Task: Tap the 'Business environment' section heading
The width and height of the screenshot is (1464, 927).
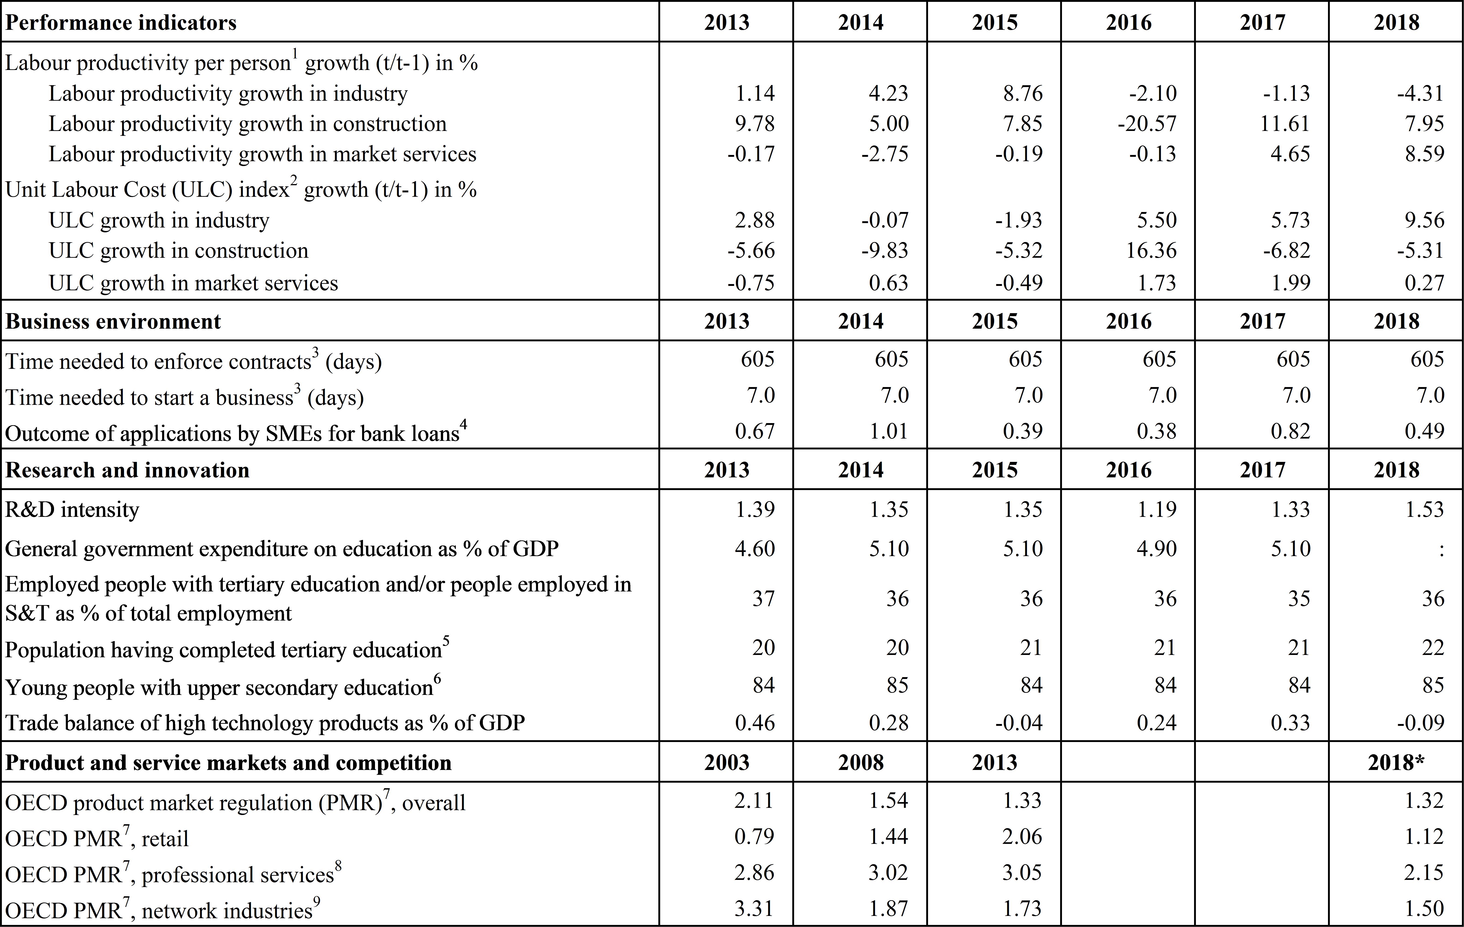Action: [113, 321]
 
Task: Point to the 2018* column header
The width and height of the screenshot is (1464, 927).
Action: [1396, 762]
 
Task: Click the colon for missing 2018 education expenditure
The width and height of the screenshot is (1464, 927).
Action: [1441, 549]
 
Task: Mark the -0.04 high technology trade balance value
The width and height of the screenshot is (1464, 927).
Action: [1019, 723]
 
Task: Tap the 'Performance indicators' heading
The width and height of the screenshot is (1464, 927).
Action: [120, 22]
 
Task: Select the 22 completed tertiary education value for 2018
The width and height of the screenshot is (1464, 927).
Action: [1433, 648]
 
